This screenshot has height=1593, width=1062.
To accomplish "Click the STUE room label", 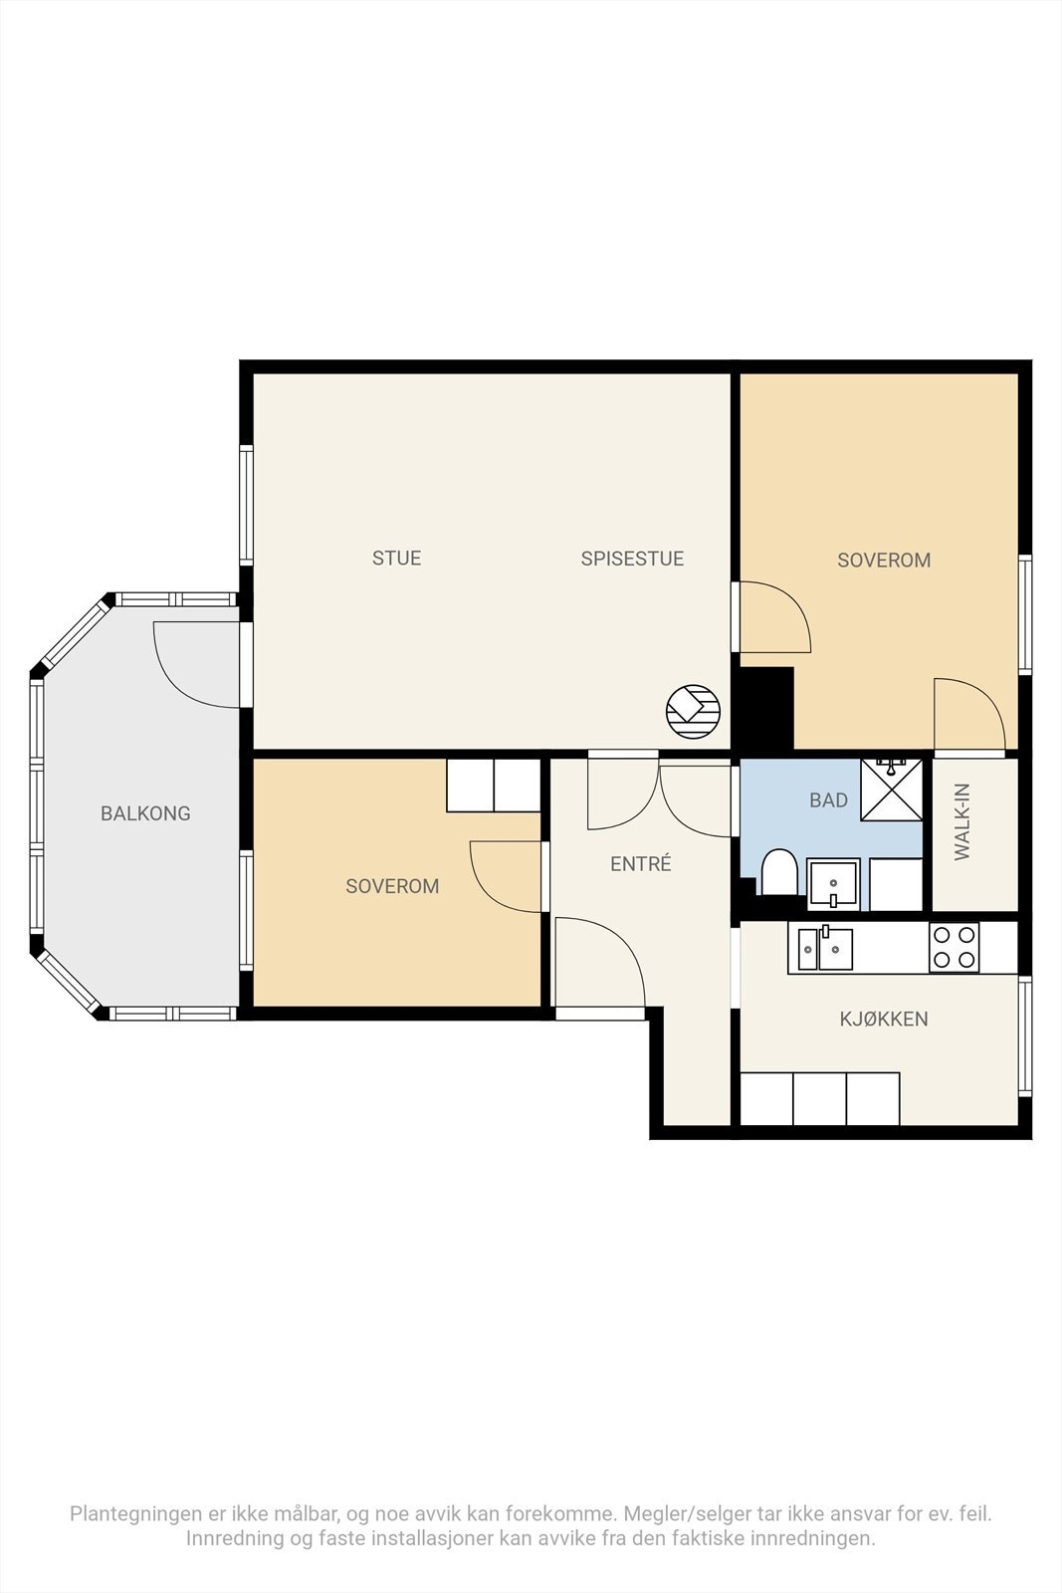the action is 397,558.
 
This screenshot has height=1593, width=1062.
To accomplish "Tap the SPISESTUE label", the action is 632,559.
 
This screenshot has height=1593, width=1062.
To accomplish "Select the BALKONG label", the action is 145,813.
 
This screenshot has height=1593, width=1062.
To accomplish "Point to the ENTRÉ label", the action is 640,863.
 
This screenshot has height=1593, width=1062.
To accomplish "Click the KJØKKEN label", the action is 884,1020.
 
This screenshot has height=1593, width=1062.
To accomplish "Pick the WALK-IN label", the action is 961,821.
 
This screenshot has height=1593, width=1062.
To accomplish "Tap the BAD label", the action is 828,800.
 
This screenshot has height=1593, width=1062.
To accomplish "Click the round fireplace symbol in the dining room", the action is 693,712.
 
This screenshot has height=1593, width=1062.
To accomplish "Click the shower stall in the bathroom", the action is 892,791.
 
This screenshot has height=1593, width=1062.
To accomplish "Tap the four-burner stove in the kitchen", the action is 954,947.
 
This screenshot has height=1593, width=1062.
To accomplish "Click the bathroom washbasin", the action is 833,884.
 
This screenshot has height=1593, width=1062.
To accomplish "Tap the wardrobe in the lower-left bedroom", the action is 494,786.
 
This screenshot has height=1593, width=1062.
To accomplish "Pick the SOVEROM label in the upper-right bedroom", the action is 884,560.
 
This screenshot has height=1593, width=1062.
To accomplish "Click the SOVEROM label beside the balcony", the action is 392,886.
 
